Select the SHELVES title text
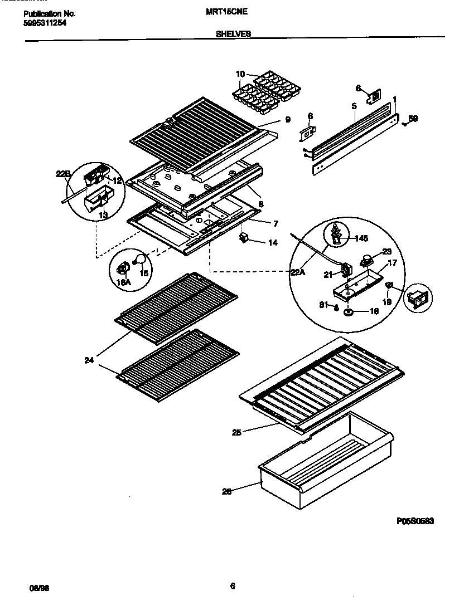click(x=233, y=33)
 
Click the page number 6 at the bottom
click(x=233, y=585)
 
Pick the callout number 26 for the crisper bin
click(x=227, y=491)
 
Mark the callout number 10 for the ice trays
click(x=240, y=74)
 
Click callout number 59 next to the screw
click(x=413, y=118)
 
